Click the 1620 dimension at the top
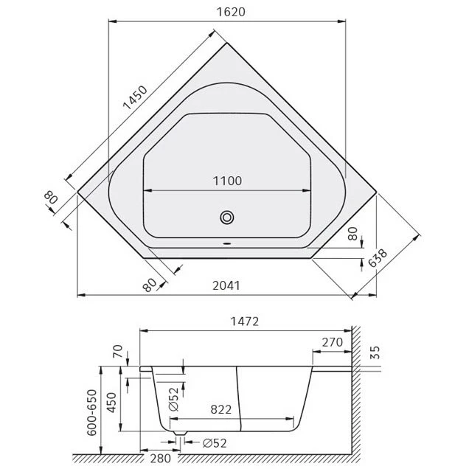click(228, 12)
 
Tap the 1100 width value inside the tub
click(227, 181)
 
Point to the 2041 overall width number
click(228, 286)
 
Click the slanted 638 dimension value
click(378, 263)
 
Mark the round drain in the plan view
click(227, 218)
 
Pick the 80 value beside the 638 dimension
click(352, 234)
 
